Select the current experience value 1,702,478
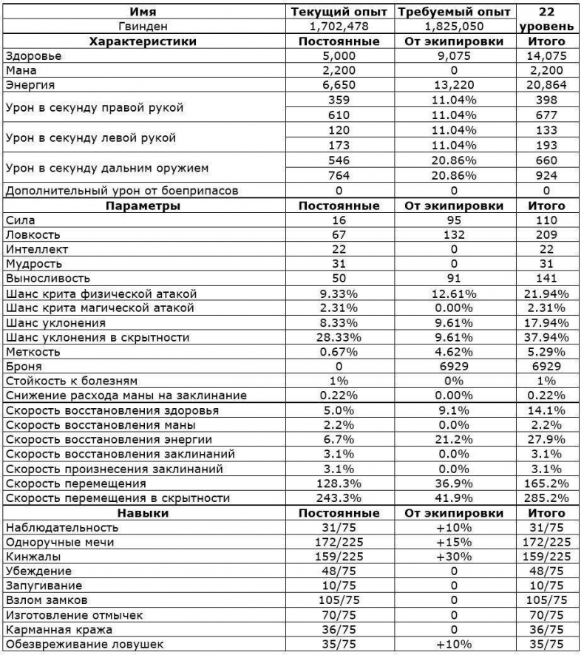pyautogui.click(x=339, y=27)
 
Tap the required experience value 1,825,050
pyautogui.click(x=454, y=27)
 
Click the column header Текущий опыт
pyautogui.click(x=339, y=12)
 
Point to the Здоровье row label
pyautogui.click(x=33, y=56)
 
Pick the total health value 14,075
pyautogui.click(x=548, y=56)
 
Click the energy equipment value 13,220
pyautogui.click(x=454, y=86)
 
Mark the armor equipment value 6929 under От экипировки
pyautogui.click(x=454, y=366)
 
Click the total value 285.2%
pyautogui.click(x=548, y=498)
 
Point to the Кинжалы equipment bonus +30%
pyautogui.click(x=454, y=557)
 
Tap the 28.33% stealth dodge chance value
pyautogui.click(x=339, y=337)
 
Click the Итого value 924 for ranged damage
pyautogui.click(x=548, y=176)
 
